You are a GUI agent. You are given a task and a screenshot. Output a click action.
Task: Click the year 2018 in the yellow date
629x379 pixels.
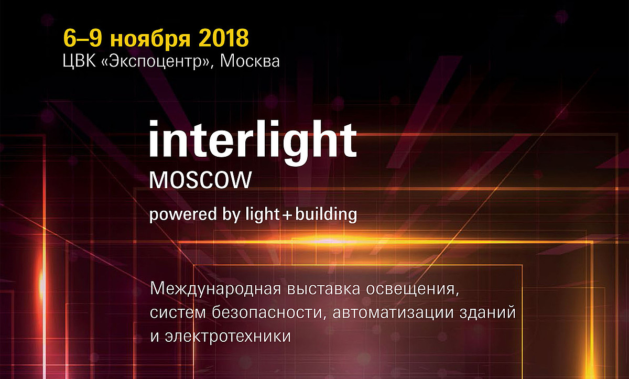pyautogui.click(x=223, y=38)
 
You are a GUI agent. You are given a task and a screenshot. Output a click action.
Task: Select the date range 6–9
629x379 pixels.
pyautogui.click(x=83, y=38)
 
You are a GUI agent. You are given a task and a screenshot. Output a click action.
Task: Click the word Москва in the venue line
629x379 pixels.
pyautogui.click(x=250, y=61)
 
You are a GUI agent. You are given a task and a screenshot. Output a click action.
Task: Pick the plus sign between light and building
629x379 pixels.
pyautogui.click(x=287, y=215)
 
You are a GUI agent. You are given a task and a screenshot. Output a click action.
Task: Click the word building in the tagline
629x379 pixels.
pyautogui.click(x=326, y=214)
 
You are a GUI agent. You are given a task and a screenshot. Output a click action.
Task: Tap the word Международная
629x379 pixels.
pyautogui.click(x=215, y=289)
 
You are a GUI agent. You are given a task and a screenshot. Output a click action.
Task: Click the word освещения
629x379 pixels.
pyautogui.click(x=413, y=290)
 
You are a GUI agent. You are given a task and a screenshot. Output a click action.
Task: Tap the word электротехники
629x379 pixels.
pyautogui.click(x=227, y=337)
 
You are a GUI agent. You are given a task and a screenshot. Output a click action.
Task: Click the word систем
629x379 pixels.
pyautogui.click(x=178, y=313)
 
